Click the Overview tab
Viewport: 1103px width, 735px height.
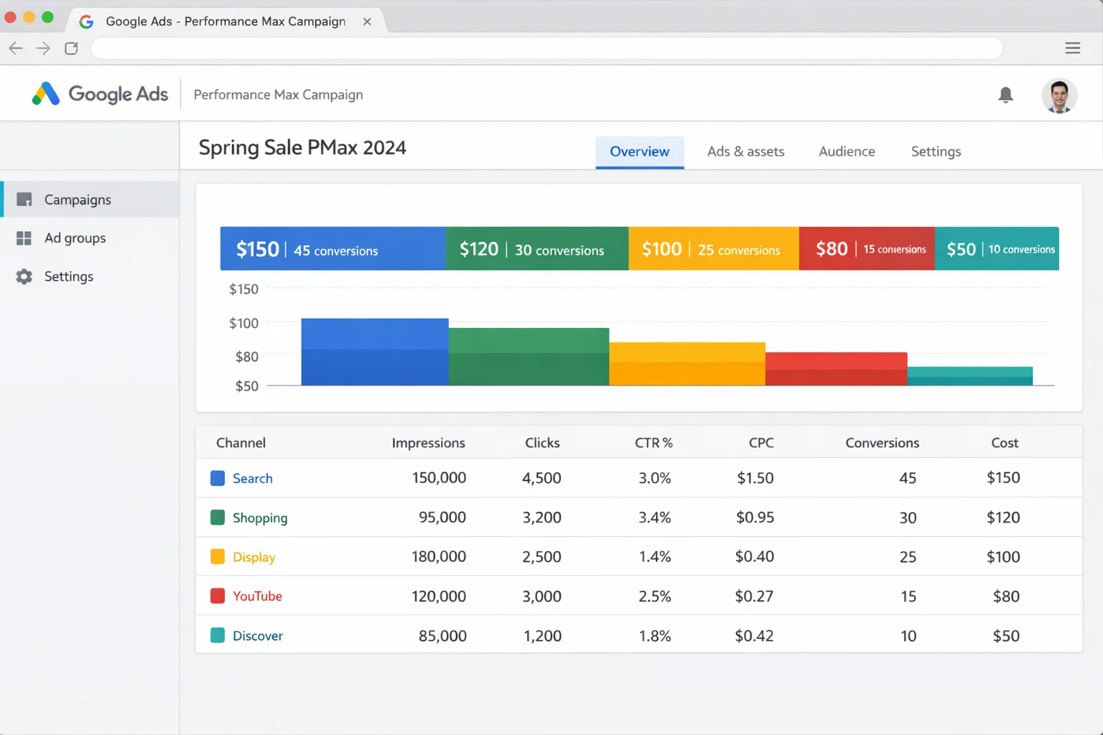639,151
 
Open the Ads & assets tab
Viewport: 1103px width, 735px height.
745,151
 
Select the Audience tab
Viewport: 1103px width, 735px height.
847,151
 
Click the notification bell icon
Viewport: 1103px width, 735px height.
1005,95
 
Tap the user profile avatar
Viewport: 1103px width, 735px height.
1059,95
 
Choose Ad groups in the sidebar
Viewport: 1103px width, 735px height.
75,238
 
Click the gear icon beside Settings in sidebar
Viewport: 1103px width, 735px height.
24,276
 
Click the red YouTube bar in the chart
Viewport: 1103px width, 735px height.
836,369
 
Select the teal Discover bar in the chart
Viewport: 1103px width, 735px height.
969,376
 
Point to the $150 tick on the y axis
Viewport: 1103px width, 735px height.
243,289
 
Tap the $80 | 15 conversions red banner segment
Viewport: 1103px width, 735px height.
866,249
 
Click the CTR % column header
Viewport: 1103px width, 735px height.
653,443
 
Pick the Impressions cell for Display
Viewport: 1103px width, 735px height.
438,557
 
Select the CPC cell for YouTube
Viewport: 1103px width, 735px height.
754,596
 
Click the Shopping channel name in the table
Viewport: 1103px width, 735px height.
259,518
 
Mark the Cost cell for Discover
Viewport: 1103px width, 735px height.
1005,636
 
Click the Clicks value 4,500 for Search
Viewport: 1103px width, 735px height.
541,478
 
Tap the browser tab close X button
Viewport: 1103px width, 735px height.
367,22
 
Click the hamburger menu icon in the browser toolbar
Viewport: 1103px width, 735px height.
1072,48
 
